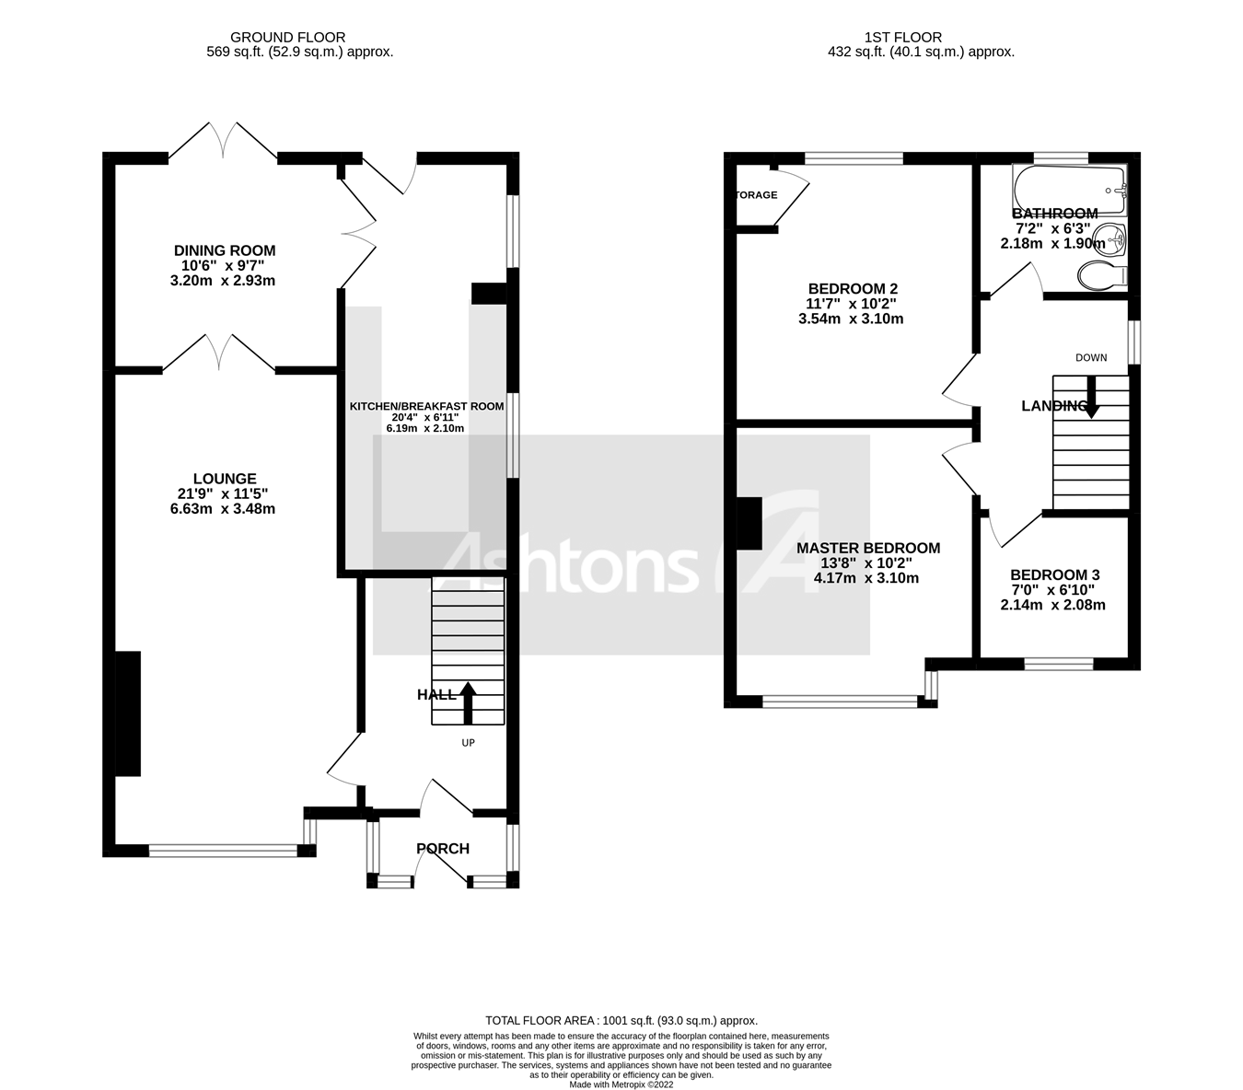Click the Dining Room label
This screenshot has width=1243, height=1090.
[x=225, y=250]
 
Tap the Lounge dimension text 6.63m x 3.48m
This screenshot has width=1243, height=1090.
[x=223, y=508]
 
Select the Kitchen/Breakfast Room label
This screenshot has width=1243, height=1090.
[x=426, y=406]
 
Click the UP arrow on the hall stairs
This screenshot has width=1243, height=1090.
[x=468, y=702]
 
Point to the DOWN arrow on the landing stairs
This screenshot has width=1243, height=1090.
[x=1091, y=398]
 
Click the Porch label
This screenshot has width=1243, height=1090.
[x=443, y=849]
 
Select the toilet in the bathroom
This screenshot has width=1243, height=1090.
[x=1098, y=274]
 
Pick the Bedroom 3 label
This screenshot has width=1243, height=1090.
[x=1054, y=574]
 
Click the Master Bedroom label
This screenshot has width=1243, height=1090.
[x=867, y=548]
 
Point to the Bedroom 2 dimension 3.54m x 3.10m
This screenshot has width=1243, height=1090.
[x=851, y=319]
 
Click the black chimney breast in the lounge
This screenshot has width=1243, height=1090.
[x=128, y=713]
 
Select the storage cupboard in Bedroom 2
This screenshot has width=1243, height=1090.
[x=760, y=195]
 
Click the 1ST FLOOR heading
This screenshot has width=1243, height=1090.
[x=902, y=38]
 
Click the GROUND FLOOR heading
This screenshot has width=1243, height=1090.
[x=287, y=38]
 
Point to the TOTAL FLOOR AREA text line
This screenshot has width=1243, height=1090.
[x=621, y=1020]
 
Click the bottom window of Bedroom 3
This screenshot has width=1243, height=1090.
[x=1059, y=663]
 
